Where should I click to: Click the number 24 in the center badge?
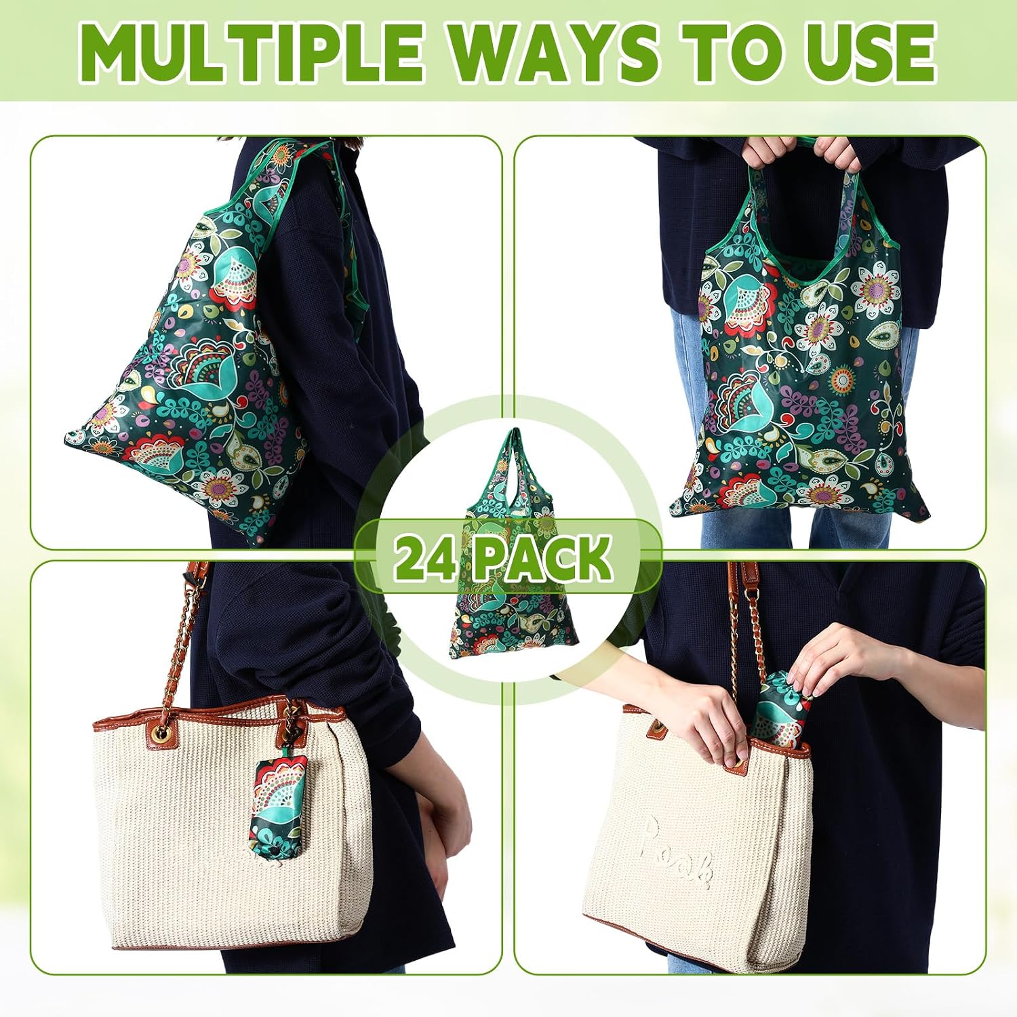point(424,557)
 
